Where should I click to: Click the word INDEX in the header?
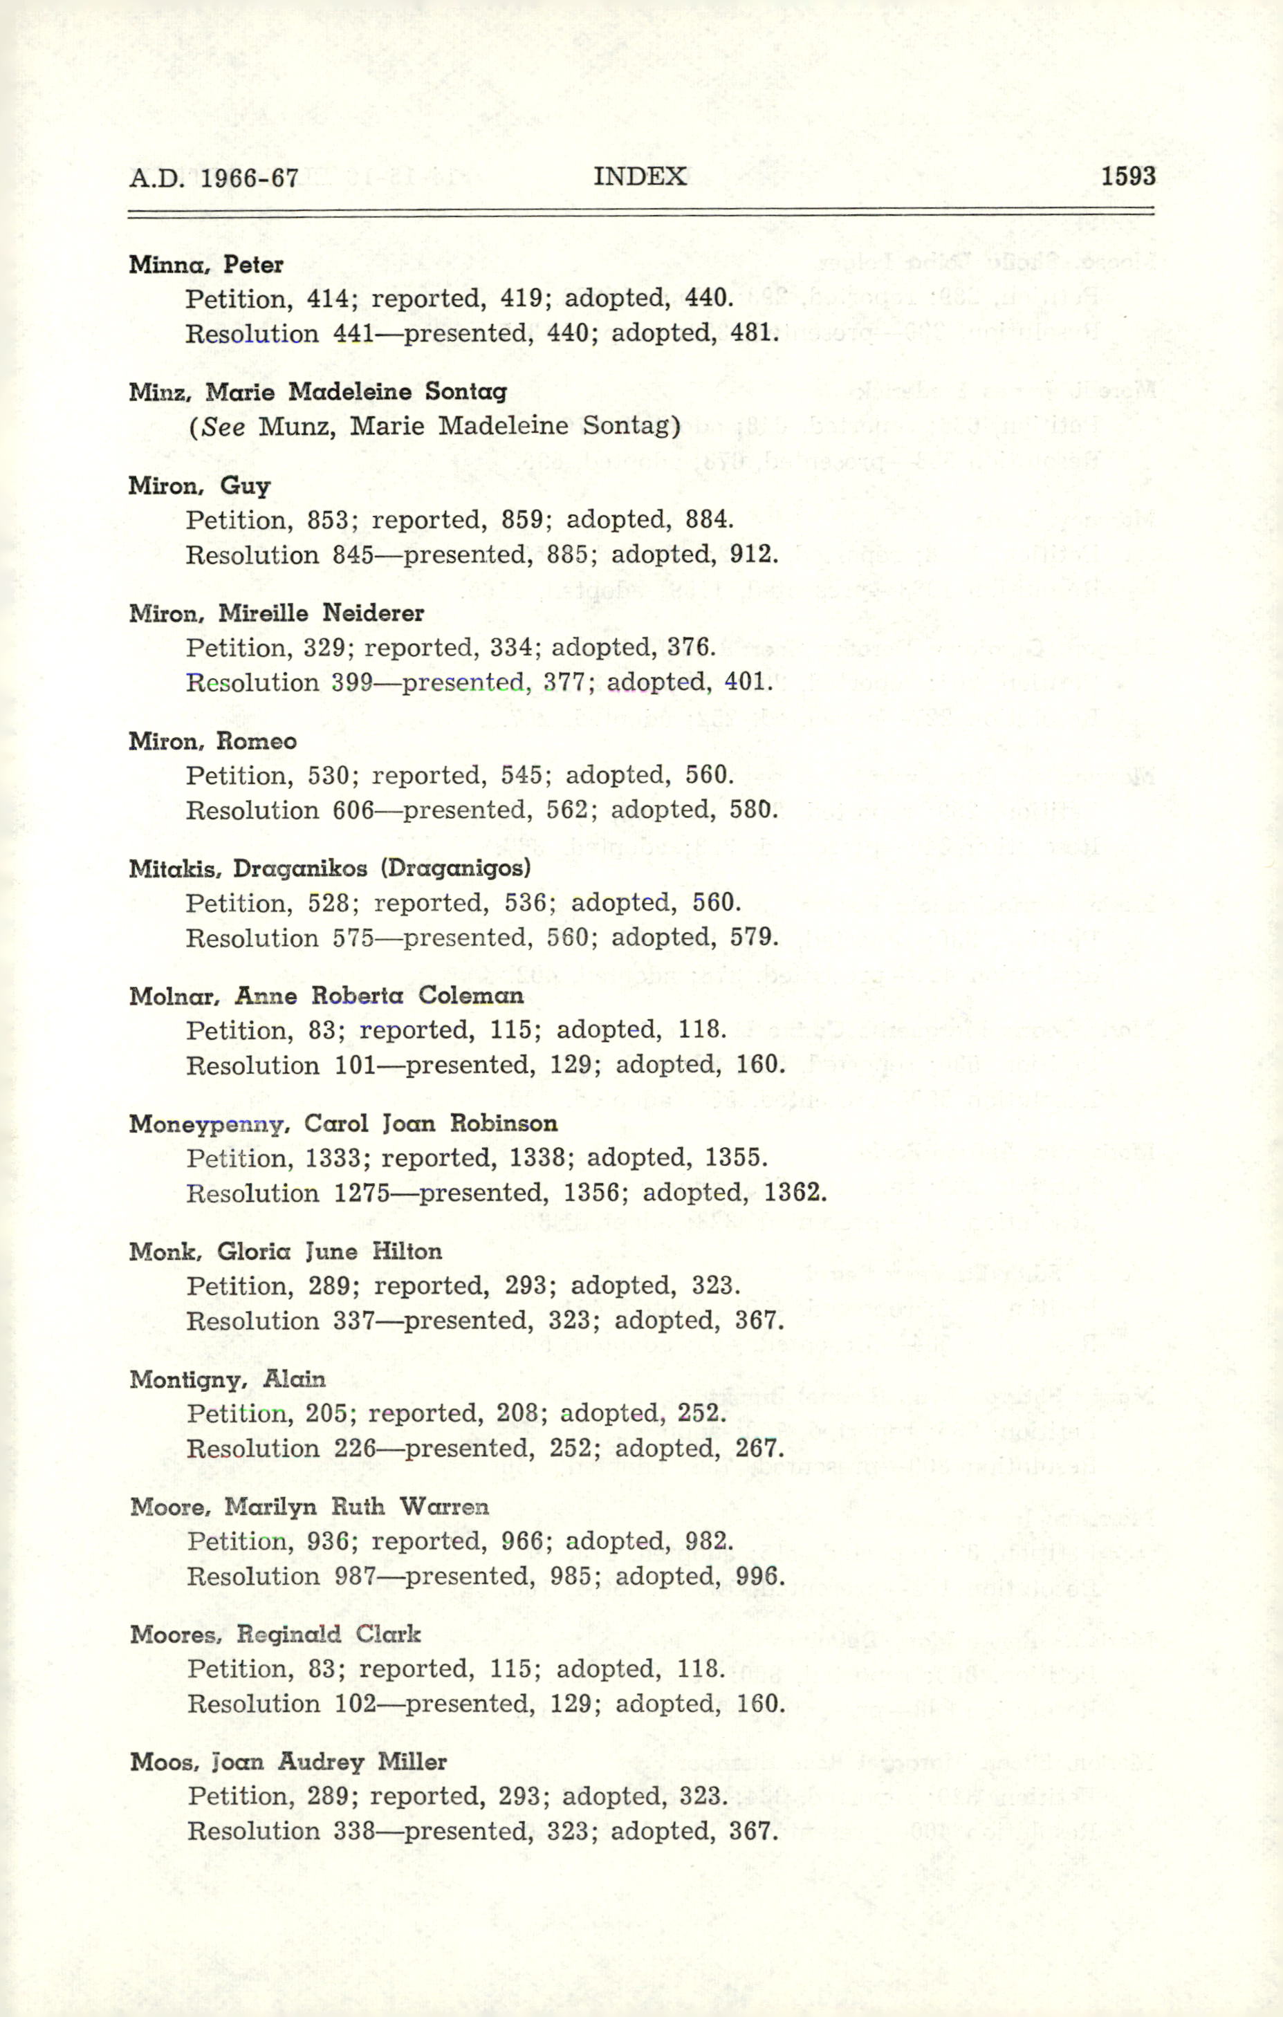point(639,177)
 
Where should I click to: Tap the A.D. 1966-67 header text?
point(214,178)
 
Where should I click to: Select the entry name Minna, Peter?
point(206,265)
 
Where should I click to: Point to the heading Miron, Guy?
point(199,486)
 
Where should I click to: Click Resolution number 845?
point(353,555)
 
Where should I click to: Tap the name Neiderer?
point(373,613)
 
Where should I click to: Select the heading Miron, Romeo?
point(213,741)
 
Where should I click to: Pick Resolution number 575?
point(353,938)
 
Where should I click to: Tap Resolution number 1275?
point(362,1193)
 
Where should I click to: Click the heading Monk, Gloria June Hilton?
point(286,1252)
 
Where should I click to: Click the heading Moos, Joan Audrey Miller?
point(288,1763)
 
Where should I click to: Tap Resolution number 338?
point(353,1831)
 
